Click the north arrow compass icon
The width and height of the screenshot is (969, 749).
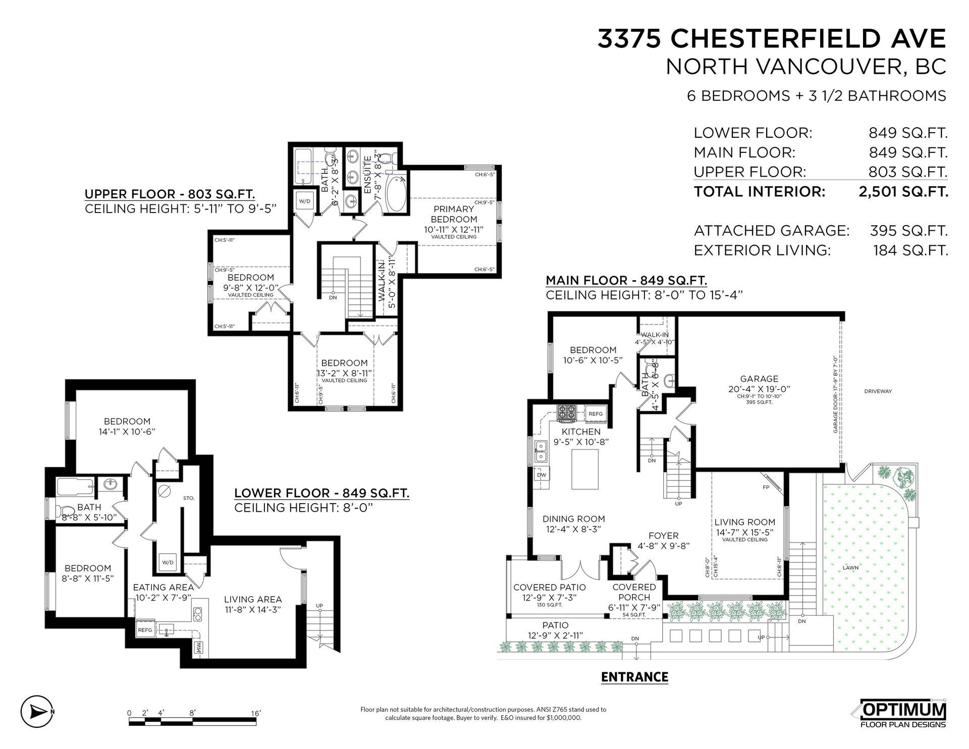pos(37,712)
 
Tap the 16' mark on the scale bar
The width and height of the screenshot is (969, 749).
pos(256,713)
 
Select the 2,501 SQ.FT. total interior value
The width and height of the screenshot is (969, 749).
pos(903,192)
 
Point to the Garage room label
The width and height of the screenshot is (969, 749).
pos(759,379)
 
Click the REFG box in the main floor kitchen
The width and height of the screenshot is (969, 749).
pos(596,414)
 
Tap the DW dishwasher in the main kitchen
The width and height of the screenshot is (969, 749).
pos(542,475)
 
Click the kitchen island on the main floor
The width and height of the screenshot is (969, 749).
pos(585,468)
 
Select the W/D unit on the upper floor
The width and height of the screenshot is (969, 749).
pos(304,201)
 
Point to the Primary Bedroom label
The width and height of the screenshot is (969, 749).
pos(454,214)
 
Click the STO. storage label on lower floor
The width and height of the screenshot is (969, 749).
pos(189,498)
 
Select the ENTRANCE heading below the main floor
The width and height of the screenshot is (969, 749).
pos(635,677)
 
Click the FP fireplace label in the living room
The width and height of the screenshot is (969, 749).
pos(766,488)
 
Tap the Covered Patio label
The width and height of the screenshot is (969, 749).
pos(550,587)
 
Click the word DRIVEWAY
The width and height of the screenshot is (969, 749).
pos(878,391)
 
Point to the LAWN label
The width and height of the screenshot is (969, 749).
pos(851,568)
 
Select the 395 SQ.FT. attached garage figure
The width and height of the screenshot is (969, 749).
pos(909,231)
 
